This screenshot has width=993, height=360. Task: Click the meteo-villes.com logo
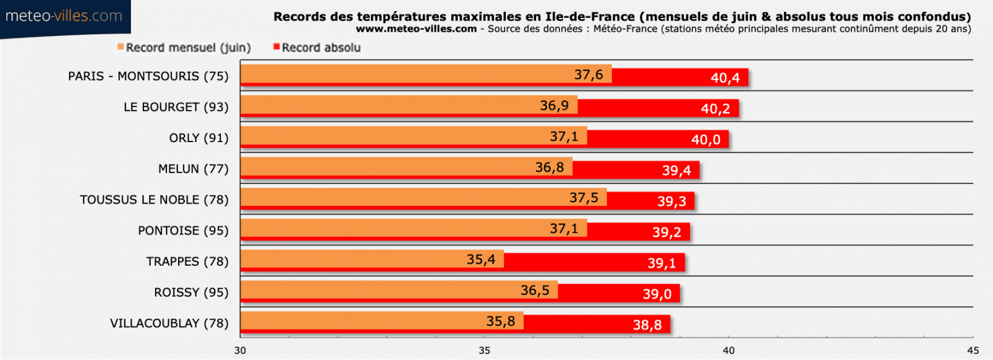pos(64,16)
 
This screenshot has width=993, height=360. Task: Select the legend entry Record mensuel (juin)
pos(184,48)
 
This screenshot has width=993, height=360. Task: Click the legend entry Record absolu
pos(317,48)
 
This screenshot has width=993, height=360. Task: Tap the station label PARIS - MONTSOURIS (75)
pos(148,76)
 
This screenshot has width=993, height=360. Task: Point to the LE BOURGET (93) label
pos(176,107)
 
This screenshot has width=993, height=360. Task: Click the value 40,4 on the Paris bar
pos(725,78)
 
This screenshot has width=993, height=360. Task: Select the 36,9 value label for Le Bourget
pos(554,106)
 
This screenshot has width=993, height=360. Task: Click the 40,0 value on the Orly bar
pos(706,140)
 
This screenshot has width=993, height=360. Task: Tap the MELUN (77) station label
pos(193,169)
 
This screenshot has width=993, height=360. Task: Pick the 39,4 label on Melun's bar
pos(676,171)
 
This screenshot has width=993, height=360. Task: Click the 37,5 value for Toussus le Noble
pos(584,198)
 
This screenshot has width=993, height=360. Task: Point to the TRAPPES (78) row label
pos(187,261)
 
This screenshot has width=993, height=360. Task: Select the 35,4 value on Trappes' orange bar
pos(481,259)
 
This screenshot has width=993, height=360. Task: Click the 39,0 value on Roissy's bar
pos(657,294)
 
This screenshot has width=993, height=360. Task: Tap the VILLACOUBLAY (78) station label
pos(169,323)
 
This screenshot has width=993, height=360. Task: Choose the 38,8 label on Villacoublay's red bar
pos(647,325)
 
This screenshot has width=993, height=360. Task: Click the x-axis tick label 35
pos(484,351)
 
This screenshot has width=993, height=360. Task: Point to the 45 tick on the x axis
pos(973,351)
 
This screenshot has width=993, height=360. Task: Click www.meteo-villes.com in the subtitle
pos(416,29)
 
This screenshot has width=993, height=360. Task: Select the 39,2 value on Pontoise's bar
pos(667,233)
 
